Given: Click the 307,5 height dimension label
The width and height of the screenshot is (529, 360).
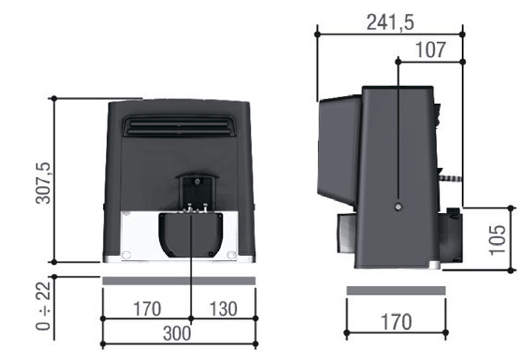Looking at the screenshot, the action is coord(44,183).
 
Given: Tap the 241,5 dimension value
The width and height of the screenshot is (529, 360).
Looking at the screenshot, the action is coord(390,23).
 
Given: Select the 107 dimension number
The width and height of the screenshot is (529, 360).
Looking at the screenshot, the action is coord(431,50).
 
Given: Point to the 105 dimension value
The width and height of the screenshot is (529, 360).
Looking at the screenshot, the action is coord(498,239).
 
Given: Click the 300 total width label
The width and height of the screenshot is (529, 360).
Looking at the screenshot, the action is coord(177,334).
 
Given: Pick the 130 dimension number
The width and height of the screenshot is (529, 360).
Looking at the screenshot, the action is coord(224,308).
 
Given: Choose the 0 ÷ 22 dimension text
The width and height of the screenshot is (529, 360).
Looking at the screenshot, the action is coord(43,306).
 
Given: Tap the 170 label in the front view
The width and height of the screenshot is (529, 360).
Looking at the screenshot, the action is coord(147,308).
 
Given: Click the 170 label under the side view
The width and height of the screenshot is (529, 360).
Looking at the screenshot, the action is coord(396,322).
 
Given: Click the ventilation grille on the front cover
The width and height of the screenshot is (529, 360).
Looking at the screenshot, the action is coord(178,126).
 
